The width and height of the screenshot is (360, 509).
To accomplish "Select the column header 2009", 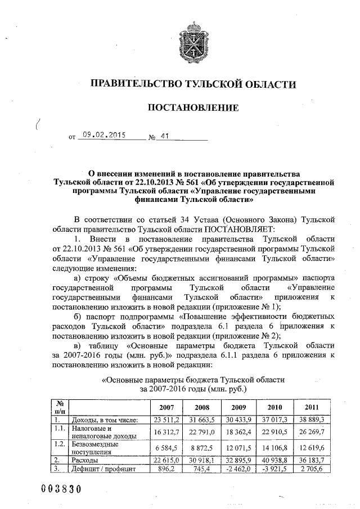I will pos(239,407).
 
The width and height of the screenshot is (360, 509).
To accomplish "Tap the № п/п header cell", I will pos(58,407).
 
